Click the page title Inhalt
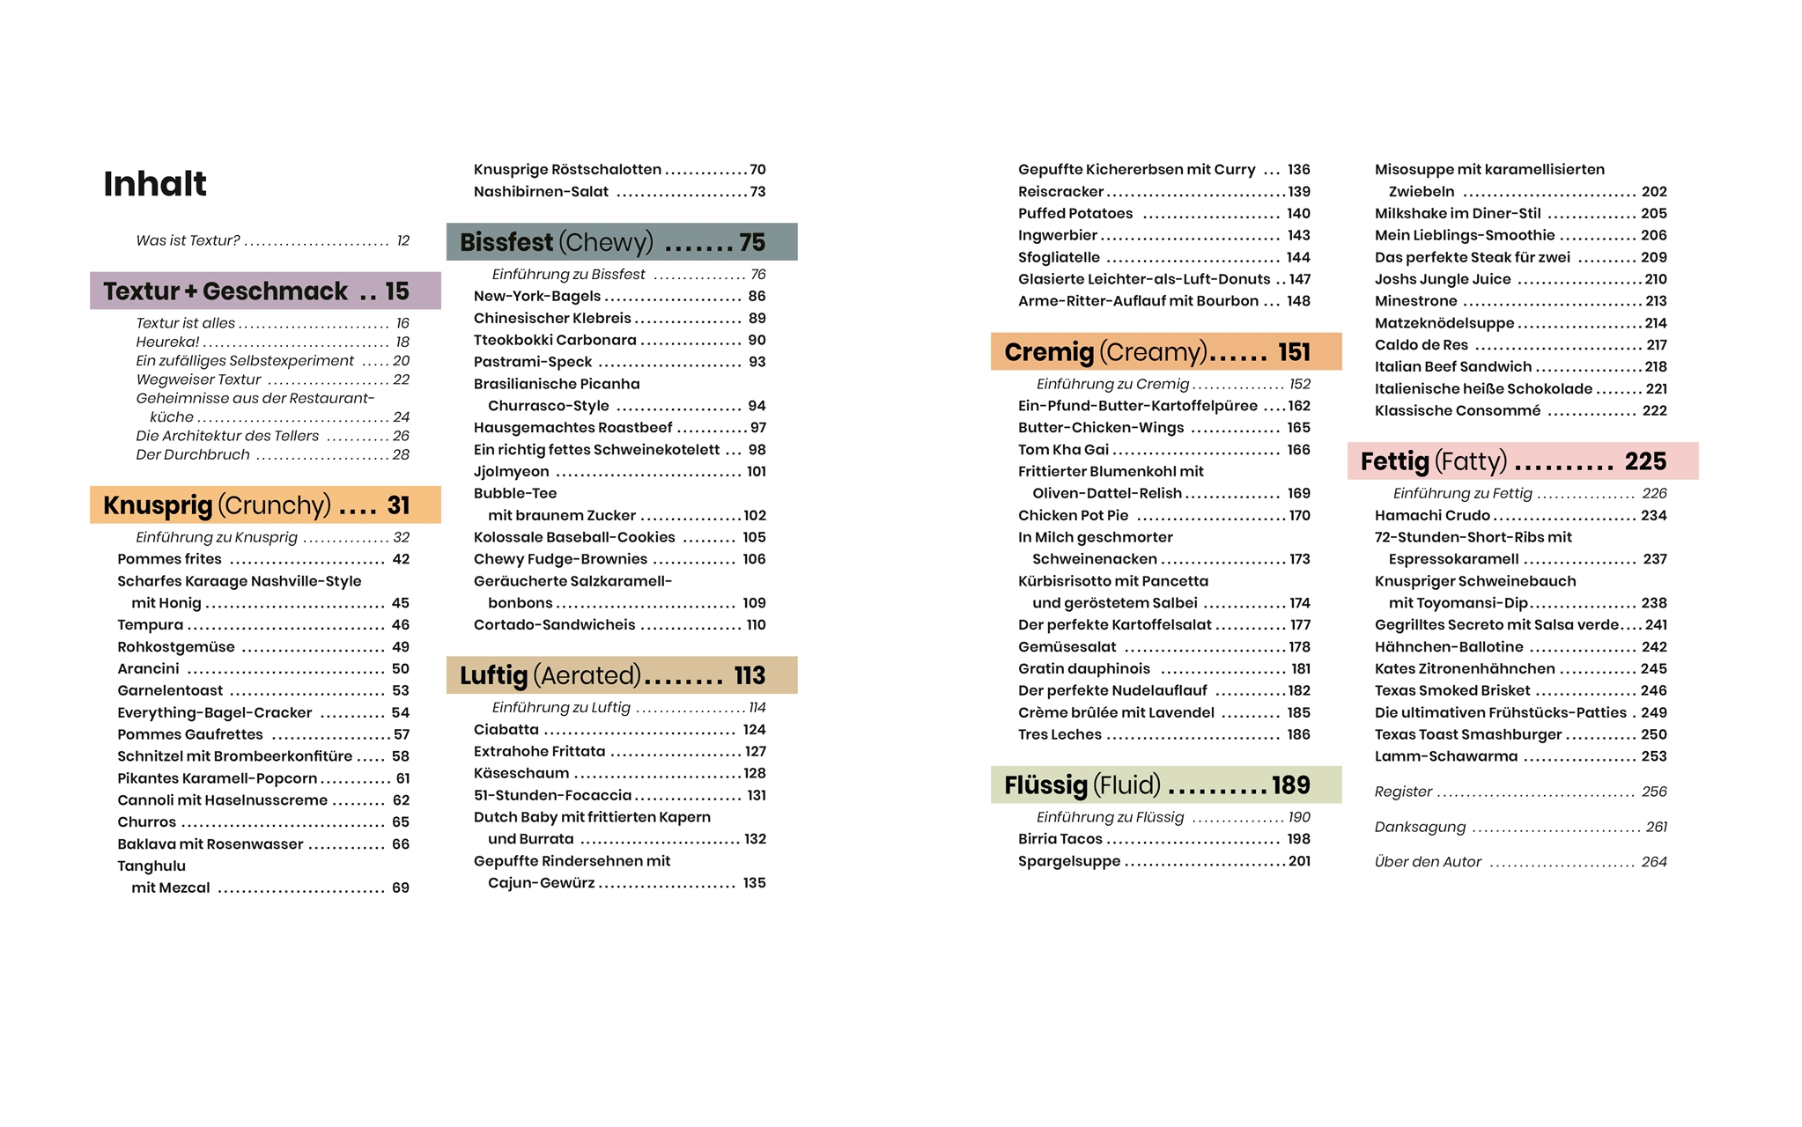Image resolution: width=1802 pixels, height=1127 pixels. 155,184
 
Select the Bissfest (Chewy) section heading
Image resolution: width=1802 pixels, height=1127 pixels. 556,242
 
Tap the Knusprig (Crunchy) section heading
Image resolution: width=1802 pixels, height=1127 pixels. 217,505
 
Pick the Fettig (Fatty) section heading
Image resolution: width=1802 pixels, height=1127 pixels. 1433,461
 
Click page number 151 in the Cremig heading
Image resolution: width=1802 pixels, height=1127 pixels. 1294,352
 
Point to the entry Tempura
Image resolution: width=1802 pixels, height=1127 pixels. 151,625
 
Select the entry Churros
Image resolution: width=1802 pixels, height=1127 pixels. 147,822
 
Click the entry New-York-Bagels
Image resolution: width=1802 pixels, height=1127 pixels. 537,297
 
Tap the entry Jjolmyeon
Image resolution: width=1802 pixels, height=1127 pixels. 512,472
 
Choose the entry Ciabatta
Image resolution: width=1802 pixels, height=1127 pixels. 506,730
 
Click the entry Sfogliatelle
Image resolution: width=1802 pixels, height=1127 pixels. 1059,258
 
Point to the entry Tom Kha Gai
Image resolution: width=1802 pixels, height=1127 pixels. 1063,450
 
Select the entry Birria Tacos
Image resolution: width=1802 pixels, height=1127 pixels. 1060,839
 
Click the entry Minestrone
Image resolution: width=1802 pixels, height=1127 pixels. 1415,301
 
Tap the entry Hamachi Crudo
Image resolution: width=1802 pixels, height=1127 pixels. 1432,516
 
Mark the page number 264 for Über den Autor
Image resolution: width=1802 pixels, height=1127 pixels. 1653,862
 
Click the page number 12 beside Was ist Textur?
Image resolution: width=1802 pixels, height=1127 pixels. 402,241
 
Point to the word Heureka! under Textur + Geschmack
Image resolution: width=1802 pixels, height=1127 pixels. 167,343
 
